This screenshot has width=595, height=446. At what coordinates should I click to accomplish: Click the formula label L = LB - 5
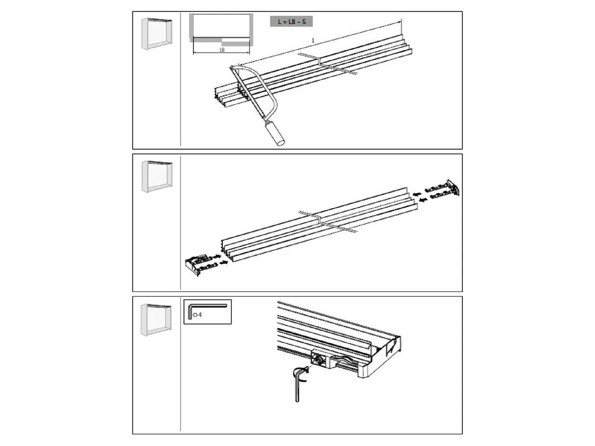point(292,22)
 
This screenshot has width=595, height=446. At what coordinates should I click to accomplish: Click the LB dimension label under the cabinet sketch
point(222,50)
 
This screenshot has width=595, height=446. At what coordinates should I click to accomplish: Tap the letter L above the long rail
point(313,41)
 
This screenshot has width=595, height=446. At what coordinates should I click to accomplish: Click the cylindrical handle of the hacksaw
point(275,132)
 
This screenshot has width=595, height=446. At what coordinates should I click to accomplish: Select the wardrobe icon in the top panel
point(156,34)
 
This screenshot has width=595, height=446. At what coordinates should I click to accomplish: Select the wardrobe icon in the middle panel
point(156,176)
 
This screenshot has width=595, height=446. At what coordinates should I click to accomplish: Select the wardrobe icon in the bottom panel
point(156,319)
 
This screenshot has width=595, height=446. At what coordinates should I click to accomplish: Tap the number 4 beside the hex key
point(200,315)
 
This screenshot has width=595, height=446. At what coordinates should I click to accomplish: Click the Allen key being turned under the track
point(298,384)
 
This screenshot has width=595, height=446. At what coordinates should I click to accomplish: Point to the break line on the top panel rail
point(327,63)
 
